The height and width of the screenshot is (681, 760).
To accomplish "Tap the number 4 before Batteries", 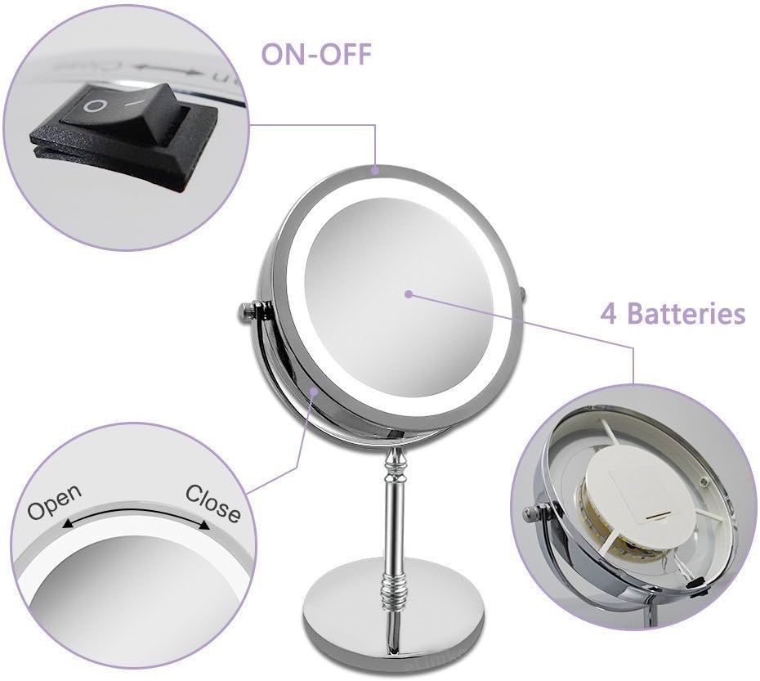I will pyautogui.click(x=608, y=313).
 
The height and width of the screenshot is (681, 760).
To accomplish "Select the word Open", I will pyautogui.click(x=55, y=501).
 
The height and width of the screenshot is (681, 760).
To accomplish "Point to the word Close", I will pyautogui.click(x=213, y=503).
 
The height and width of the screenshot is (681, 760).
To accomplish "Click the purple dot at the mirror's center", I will pyautogui.click(x=407, y=292).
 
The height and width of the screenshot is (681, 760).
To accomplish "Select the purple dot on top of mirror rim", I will pyautogui.click(x=375, y=171).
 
